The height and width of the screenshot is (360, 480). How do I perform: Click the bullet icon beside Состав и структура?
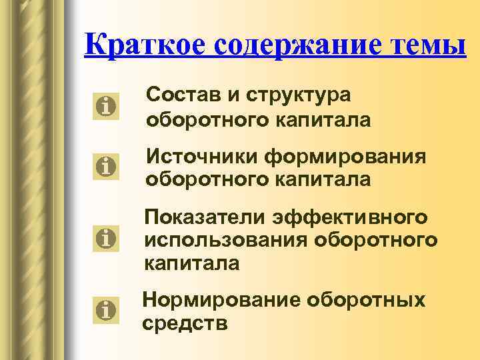[x=106, y=105]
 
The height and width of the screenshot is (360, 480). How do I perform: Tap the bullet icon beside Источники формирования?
[x=106, y=165]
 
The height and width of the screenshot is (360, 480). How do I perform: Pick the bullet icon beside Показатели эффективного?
[x=106, y=237]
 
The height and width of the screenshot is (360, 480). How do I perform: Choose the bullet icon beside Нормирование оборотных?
[x=106, y=309]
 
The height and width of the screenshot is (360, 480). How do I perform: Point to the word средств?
[x=185, y=324]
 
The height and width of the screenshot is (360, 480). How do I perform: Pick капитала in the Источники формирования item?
[x=324, y=180]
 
